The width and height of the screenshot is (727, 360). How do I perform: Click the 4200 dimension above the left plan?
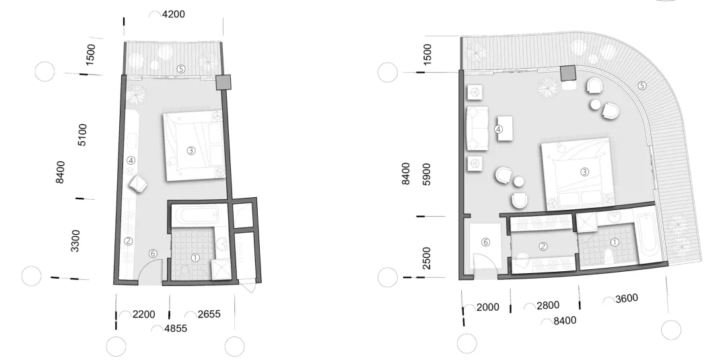(x=173, y=13)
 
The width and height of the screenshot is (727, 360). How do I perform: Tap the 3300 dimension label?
(x=75, y=240)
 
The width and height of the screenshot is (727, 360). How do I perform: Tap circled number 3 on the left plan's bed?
(x=191, y=151)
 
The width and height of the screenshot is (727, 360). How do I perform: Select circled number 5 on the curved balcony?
(x=642, y=85)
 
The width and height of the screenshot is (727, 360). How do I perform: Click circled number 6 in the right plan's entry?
(x=485, y=242)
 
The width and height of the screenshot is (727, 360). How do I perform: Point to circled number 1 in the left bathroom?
(x=195, y=257)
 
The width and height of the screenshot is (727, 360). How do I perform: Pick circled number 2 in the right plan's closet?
(x=543, y=247)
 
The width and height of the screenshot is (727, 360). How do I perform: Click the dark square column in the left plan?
(x=223, y=82)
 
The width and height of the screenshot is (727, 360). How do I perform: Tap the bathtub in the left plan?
(x=195, y=217)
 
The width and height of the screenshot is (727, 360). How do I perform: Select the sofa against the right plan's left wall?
(x=477, y=128)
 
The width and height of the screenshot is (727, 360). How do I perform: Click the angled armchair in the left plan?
(x=139, y=184)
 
